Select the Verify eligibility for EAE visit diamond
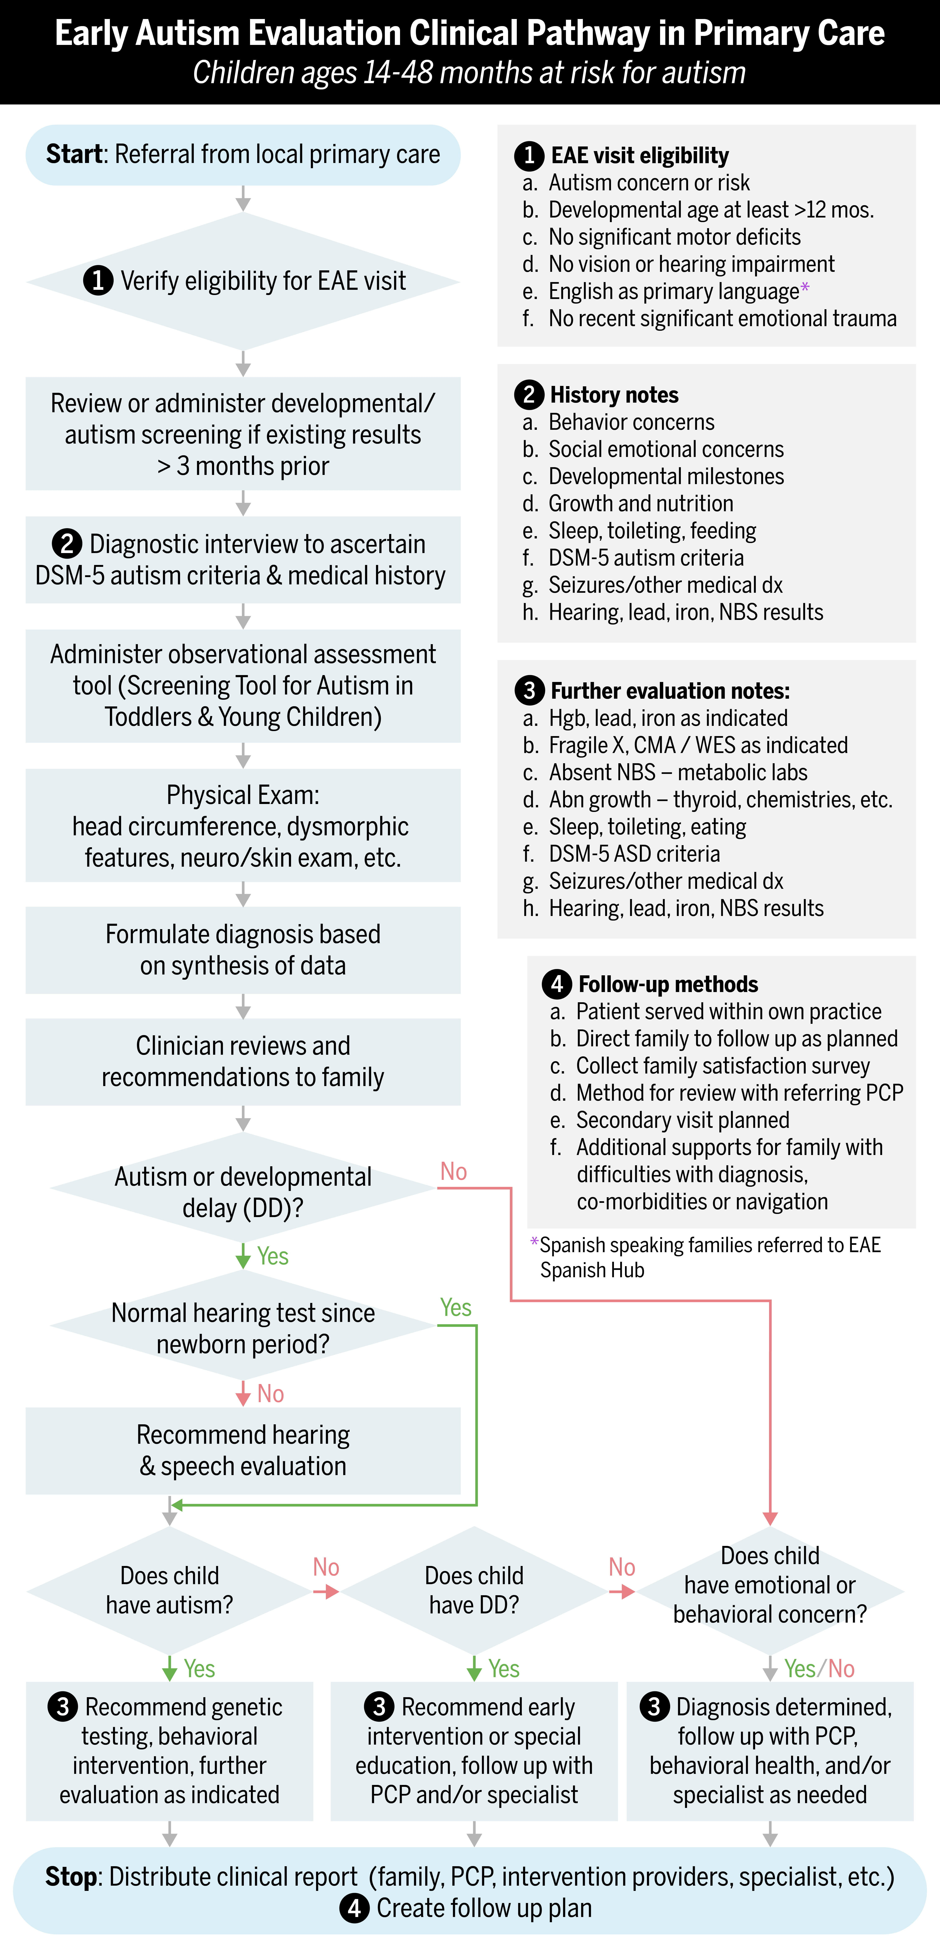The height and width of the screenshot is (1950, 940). pyautogui.click(x=243, y=281)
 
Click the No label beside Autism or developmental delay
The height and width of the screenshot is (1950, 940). pyautogui.click(x=453, y=1172)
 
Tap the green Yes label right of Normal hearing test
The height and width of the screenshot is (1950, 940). pyautogui.click(x=456, y=1307)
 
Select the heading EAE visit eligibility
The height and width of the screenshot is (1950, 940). pyautogui.click(x=640, y=155)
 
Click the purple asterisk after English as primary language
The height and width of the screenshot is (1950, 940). pyautogui.click(x=804, y=288)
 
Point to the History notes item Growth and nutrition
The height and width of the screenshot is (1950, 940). pyautogui.click(x=640, y=503)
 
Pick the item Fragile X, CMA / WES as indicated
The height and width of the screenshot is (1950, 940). pyautogui.click(x=698, y=745)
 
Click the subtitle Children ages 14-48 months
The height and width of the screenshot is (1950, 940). pyautogui.click(x=469, y=73)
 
